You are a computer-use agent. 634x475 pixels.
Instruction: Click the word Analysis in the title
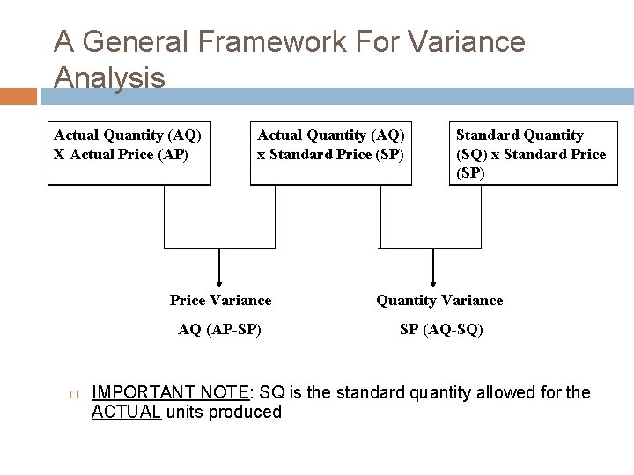(x=109, y=77)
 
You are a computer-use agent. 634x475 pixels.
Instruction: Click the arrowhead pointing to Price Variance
(x=219, y=280)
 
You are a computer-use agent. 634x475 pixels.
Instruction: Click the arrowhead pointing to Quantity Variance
(x=432, y=280)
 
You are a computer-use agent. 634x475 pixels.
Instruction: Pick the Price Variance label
(x=220, y=301)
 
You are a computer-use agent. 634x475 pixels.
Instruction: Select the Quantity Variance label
(x=439, y=301)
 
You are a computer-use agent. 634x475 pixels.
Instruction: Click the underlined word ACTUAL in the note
(x=126, y=412)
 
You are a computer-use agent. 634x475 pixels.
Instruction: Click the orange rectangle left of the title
(x=18, y=95)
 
